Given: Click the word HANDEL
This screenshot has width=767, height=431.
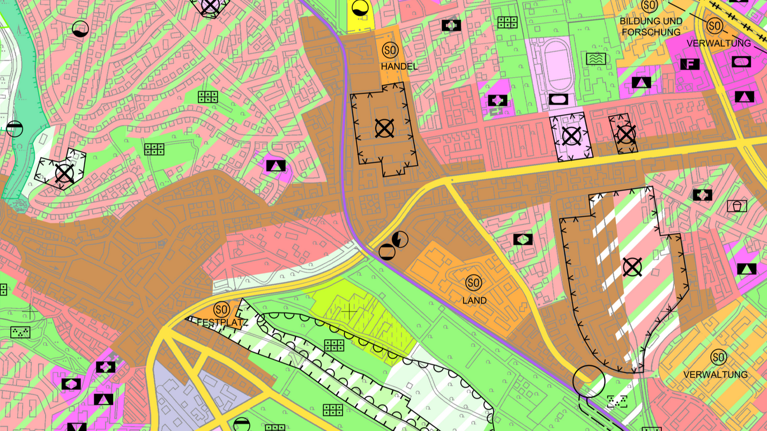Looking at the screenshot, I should click(399, 66).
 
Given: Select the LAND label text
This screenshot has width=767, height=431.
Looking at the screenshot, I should click(474, 301).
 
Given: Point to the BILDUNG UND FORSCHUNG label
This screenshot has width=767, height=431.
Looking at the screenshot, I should click(651, 27).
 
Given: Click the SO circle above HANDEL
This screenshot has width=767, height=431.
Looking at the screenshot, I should click(390, 50).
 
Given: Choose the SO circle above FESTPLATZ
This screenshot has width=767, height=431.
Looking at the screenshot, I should click(221, 309).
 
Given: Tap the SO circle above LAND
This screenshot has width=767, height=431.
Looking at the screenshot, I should click(473, 282).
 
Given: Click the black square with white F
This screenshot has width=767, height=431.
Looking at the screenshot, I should click(690, 64).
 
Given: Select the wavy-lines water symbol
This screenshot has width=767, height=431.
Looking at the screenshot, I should click(595, 58).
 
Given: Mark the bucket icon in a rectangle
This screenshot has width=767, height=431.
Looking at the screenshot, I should click(737, 205).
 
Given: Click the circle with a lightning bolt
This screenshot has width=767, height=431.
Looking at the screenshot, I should click(400, 239).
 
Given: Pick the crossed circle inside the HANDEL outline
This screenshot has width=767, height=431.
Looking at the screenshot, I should click(384, 128).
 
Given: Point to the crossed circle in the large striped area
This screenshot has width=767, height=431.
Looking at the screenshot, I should click(632, 266).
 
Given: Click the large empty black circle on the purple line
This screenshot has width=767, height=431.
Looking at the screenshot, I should click(589, 381).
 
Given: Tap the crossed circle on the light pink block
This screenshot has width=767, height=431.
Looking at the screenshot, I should click(571, 136).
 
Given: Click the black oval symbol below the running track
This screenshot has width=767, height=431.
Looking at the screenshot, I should click(558, 99).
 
